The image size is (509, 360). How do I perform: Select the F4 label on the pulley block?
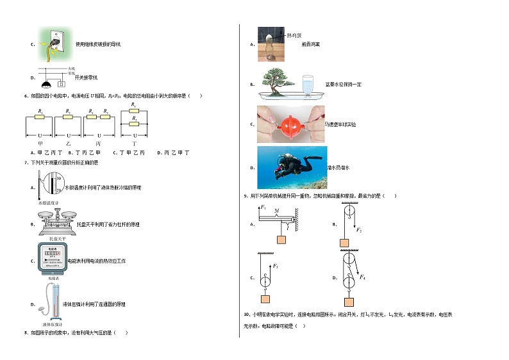(x=363, y=277)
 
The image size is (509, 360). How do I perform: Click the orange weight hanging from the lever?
(x=281, y=240)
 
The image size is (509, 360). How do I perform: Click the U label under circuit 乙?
(x=69, y=136)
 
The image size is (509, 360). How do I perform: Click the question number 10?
(x=247, y=315)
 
